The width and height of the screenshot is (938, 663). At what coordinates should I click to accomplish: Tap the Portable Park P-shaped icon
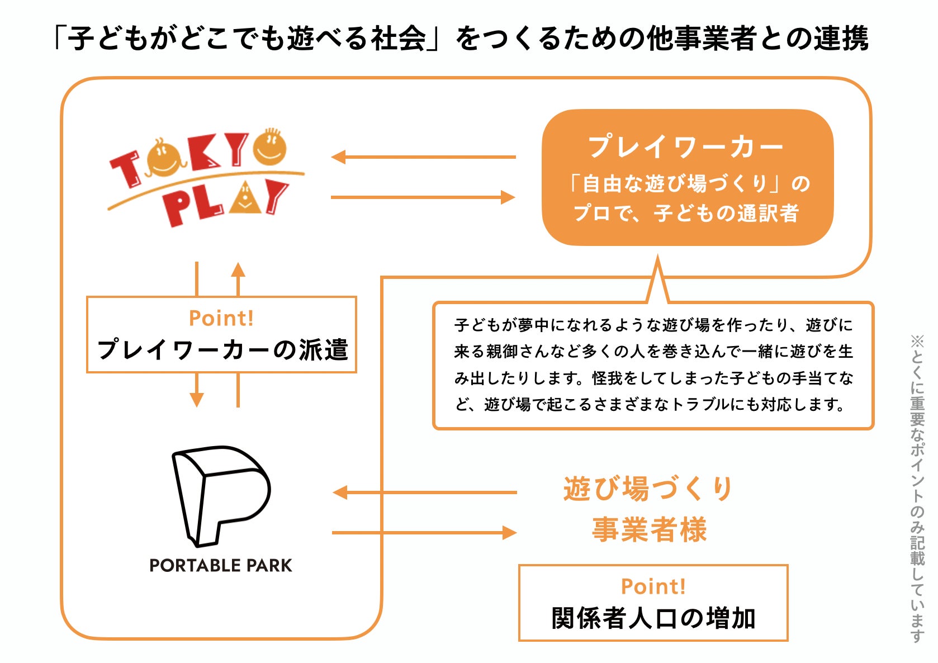coord(221,495)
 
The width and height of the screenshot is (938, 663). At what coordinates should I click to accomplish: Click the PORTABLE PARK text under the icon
coord(221,566)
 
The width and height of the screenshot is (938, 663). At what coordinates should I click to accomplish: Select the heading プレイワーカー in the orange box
coord(686,148)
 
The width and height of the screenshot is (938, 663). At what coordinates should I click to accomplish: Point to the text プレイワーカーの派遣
coord(222,350)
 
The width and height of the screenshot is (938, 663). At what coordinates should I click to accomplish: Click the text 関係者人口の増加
coord(653,618)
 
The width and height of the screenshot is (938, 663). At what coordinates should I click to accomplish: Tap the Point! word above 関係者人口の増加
coord(653,586)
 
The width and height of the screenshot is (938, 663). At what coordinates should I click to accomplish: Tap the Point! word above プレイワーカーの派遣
coord(221,318)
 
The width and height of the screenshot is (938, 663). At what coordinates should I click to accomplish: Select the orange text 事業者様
coord(650,529)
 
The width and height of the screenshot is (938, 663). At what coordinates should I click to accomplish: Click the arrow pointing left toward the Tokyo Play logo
coord(423,157)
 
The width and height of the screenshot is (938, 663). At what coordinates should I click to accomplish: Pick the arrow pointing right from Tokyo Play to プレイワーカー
coord(423,197)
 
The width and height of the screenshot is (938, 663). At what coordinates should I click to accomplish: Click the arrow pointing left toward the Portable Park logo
coord(424,492)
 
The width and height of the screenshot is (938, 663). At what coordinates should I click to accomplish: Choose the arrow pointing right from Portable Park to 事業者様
coord(424,533)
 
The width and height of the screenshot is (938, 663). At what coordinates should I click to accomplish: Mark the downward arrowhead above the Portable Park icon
coord(197,399)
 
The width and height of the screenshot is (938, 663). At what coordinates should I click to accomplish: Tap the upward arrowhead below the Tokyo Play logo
coord(238,271)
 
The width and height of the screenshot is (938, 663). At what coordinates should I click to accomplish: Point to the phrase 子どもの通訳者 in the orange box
coord(727,214)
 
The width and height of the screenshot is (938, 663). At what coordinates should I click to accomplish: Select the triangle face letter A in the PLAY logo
coord(244,198)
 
